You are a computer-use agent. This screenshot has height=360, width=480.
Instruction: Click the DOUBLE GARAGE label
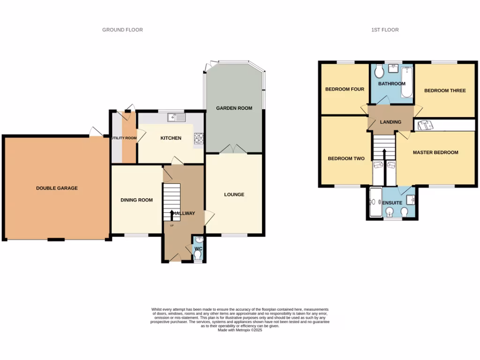pos(57,188)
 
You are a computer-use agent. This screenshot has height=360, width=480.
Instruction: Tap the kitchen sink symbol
pos(179,117)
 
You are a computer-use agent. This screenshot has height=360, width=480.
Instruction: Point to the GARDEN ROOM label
pos(234,108)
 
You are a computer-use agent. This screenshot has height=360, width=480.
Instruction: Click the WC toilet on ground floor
pos(197,255)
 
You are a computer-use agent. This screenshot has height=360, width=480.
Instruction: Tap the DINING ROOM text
pos(136,200)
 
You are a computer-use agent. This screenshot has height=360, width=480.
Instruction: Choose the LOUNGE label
pos(234,195)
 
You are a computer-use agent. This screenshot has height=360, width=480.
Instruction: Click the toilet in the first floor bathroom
pos(379,72)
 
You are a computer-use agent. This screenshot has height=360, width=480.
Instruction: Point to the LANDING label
pos(390,122)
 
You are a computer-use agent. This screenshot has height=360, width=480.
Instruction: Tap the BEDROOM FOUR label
pos(345,89)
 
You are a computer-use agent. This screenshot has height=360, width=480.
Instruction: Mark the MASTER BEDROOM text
pos(435,152)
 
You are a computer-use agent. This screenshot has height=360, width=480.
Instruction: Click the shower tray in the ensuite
pos(375,202)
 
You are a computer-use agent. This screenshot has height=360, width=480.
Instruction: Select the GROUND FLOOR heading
pos(122,30)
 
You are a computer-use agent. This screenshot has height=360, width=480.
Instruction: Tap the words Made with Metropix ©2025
pos(240,330)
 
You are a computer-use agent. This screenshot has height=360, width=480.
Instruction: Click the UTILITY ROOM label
pos(124,138)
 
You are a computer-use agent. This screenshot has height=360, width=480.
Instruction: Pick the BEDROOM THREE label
pos(445,90)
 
